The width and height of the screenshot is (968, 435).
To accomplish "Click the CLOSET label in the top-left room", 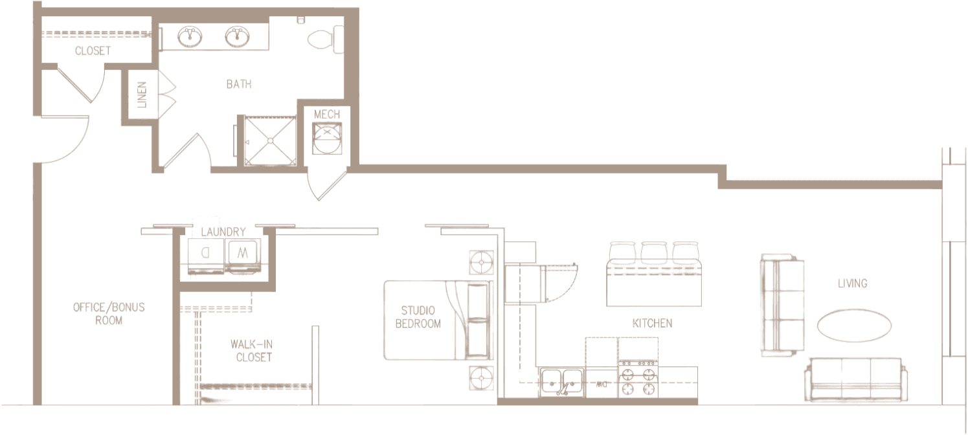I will pos(93,51).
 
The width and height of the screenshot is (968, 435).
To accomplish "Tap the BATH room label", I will pos(239,84).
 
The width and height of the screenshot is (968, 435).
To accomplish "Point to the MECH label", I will pos(327,115).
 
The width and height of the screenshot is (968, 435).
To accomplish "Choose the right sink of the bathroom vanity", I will pos(237,36).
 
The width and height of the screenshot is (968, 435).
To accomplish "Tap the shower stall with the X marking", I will pos(269,139).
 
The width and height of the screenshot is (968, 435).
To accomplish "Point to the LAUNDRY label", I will pos(223,232).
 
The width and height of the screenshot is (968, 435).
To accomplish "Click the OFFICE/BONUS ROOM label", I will pos(109,314).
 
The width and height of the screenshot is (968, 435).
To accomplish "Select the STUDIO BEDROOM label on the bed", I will pos(418,317).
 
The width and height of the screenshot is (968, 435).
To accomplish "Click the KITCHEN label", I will pos(652,323).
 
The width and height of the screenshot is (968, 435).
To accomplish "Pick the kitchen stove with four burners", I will pos(638,382).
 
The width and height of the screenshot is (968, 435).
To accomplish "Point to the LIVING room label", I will pos(851,283).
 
